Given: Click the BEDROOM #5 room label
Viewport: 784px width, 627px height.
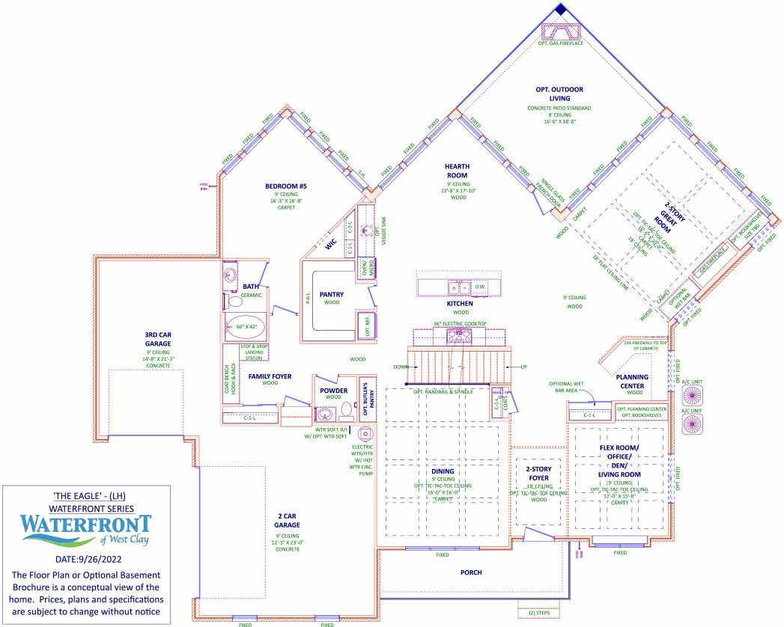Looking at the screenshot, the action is click(x=286, y=186).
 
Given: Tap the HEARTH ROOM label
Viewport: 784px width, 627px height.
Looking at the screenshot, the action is click(x=458, y=171).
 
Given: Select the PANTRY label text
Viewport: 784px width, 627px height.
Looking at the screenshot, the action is click(x=331, y=294).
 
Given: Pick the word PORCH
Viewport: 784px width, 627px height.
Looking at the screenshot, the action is click(x=471, y=572).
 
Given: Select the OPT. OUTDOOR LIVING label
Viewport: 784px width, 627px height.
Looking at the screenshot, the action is click(x=559, y=94).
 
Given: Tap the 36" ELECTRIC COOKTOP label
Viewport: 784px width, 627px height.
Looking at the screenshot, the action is click(x=460, y=324).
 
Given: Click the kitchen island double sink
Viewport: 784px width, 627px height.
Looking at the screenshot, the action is click(x=458, y=287).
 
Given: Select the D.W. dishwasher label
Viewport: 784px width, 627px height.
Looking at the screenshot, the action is click(x=481, y=287).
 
